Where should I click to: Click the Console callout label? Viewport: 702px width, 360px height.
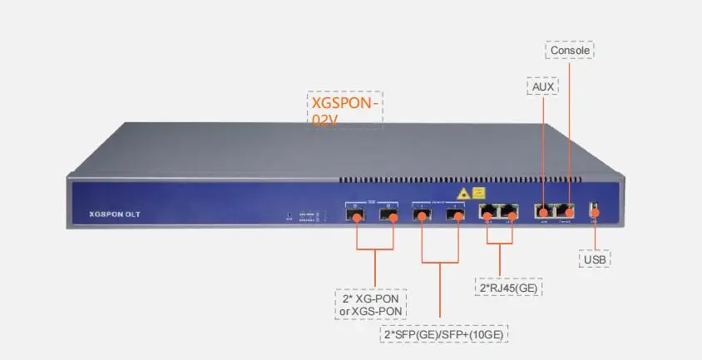tap(571, 51)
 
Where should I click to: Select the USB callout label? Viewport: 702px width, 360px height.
tap(595, 259)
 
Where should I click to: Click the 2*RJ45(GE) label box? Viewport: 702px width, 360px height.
tap(507, 288)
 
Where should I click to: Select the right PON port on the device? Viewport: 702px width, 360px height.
tap(388, 215)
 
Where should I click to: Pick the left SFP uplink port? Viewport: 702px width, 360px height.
tap(423, 215)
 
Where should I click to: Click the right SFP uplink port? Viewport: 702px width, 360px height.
tap(453, 215)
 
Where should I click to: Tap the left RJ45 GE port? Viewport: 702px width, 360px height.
tap(487, 213)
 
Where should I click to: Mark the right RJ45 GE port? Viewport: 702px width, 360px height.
tap(510, 213)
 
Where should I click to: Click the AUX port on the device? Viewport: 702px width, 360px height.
tap(543, 212)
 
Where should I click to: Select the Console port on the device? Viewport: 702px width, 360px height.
tap(566, 212)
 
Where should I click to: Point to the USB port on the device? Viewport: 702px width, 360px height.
tap(594, 211)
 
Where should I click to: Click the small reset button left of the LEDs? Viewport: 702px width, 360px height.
tap(289, 214)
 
